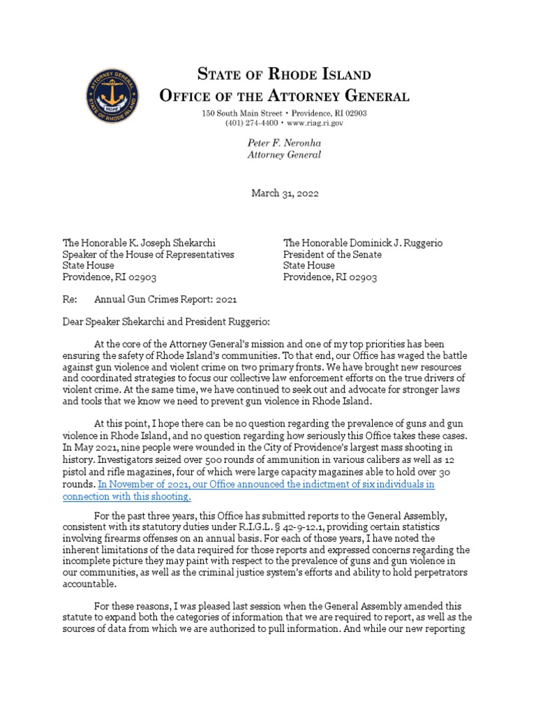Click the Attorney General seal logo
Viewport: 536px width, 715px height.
[x=112, y=94]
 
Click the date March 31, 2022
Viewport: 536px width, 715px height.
[x=284, y=193]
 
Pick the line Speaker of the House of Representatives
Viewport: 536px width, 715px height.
[x=149, y=254]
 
